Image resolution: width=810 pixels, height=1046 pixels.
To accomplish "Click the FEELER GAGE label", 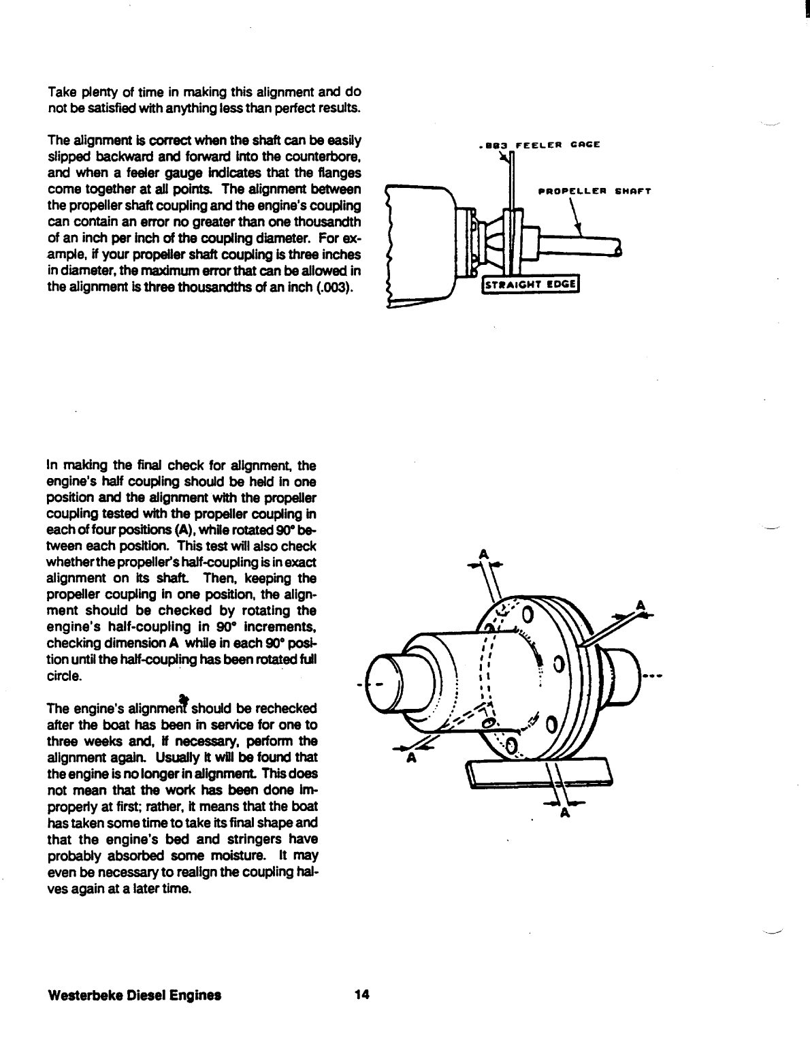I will (539, 144).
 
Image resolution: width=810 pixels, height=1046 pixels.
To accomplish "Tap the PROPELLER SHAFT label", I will (594, 191).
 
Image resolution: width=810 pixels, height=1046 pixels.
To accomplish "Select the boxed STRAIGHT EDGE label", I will (530, 285).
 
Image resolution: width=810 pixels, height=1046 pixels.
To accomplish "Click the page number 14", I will (361, 995).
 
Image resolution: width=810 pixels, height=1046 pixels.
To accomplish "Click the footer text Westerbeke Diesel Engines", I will (135, 995).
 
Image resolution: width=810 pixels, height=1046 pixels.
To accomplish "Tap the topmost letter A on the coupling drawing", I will (484, 554).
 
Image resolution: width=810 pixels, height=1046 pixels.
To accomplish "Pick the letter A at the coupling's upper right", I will (640, 605).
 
